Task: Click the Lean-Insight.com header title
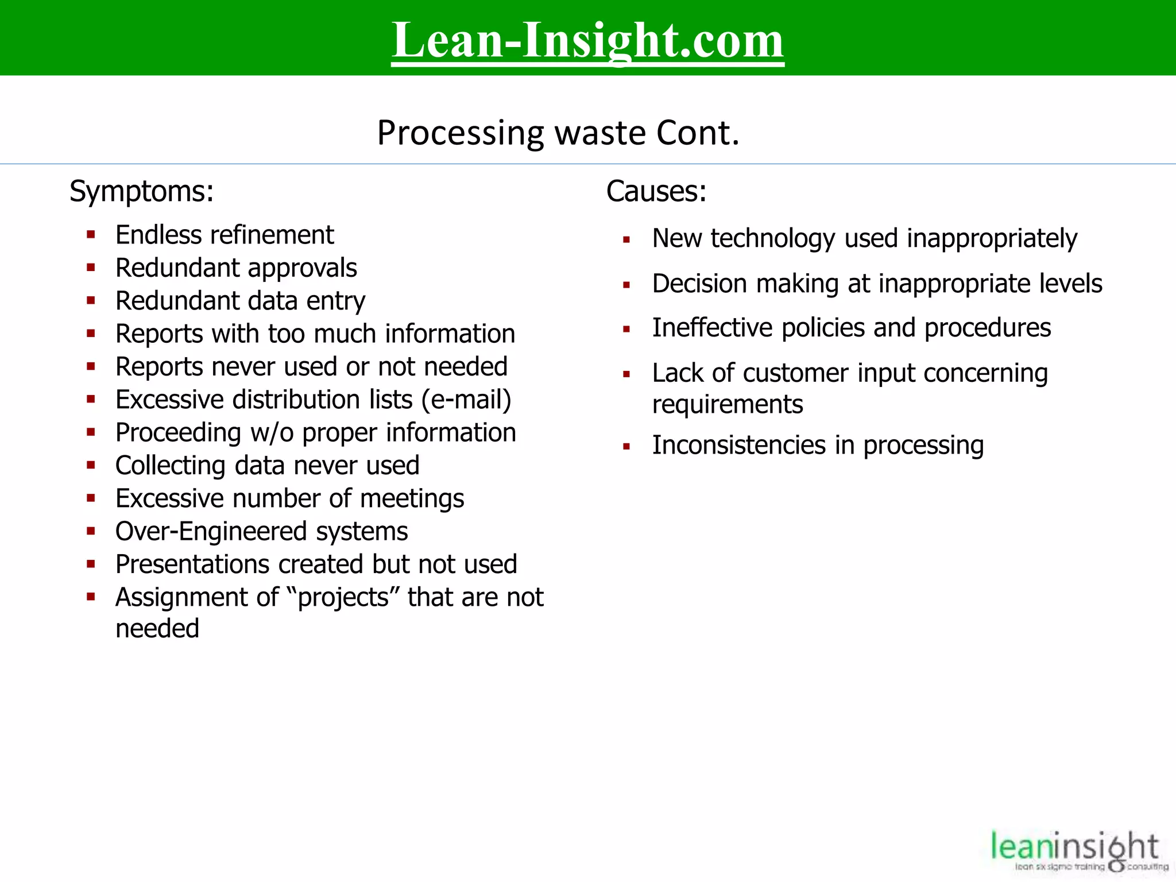point(587,40)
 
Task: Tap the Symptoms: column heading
point(141,191)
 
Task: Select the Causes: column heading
point(656,191)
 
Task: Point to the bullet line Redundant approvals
point(236,268)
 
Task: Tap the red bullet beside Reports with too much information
point(91,333)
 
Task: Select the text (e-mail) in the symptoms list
point(466,400)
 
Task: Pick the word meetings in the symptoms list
point(412,498)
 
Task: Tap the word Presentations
point(192,564)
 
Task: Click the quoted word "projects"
point(344,598)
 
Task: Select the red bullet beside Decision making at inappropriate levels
point(626,285)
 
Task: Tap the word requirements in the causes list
point(728,405)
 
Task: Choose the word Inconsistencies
point(738,446)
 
